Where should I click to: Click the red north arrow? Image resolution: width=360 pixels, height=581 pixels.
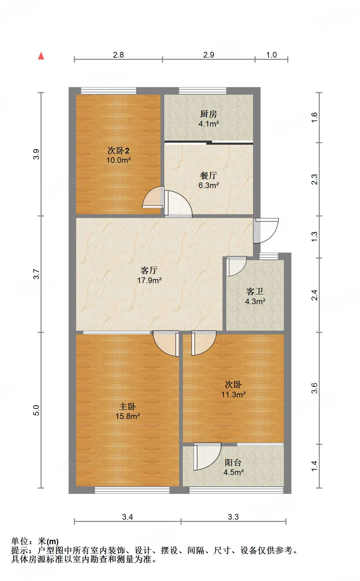pos(41,56)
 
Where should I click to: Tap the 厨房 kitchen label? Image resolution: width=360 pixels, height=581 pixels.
pos(209,114)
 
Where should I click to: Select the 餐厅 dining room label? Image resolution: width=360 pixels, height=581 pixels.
pos(209,176)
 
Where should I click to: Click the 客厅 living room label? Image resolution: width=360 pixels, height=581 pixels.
pos(149,270)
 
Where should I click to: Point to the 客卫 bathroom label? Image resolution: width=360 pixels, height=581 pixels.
pos(255,292)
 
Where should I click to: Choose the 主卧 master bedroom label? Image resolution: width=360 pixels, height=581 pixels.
pos(127,407)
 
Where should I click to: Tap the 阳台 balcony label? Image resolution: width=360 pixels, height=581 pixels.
pos(233,462)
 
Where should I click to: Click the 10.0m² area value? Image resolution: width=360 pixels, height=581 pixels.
pos(118,160)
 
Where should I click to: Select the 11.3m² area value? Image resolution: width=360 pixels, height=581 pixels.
pos(233,394)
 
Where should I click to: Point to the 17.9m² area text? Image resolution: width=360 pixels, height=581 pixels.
pos(149,280)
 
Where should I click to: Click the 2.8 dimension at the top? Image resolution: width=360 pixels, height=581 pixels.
pos(118,55)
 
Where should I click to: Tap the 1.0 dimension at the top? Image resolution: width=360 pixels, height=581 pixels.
pos(271,55)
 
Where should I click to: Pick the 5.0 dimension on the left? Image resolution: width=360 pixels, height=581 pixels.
pos(37,410)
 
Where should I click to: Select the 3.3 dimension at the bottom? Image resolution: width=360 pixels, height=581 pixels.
pos(233,517)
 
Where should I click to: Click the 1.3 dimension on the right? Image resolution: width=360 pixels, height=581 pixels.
pos(314,237)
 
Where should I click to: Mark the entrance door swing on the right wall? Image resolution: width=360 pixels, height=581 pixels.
pos(266,231)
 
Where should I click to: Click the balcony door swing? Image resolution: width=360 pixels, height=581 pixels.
pos(207,456)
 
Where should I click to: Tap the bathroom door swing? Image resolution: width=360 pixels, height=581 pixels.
pos(236,266)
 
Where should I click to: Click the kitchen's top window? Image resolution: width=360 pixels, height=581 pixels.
pos(203,91)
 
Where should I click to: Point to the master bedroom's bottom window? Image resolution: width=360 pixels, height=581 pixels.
pos(132,490)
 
